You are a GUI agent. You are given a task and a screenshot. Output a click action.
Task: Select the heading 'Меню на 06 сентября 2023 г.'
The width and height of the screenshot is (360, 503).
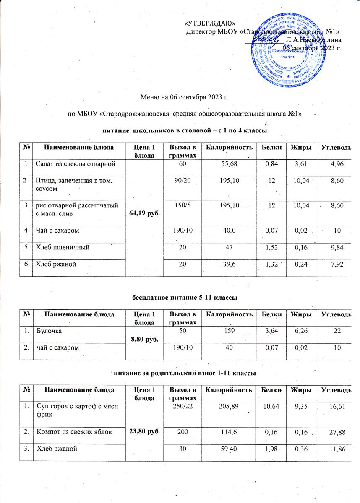pos(186,99)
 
